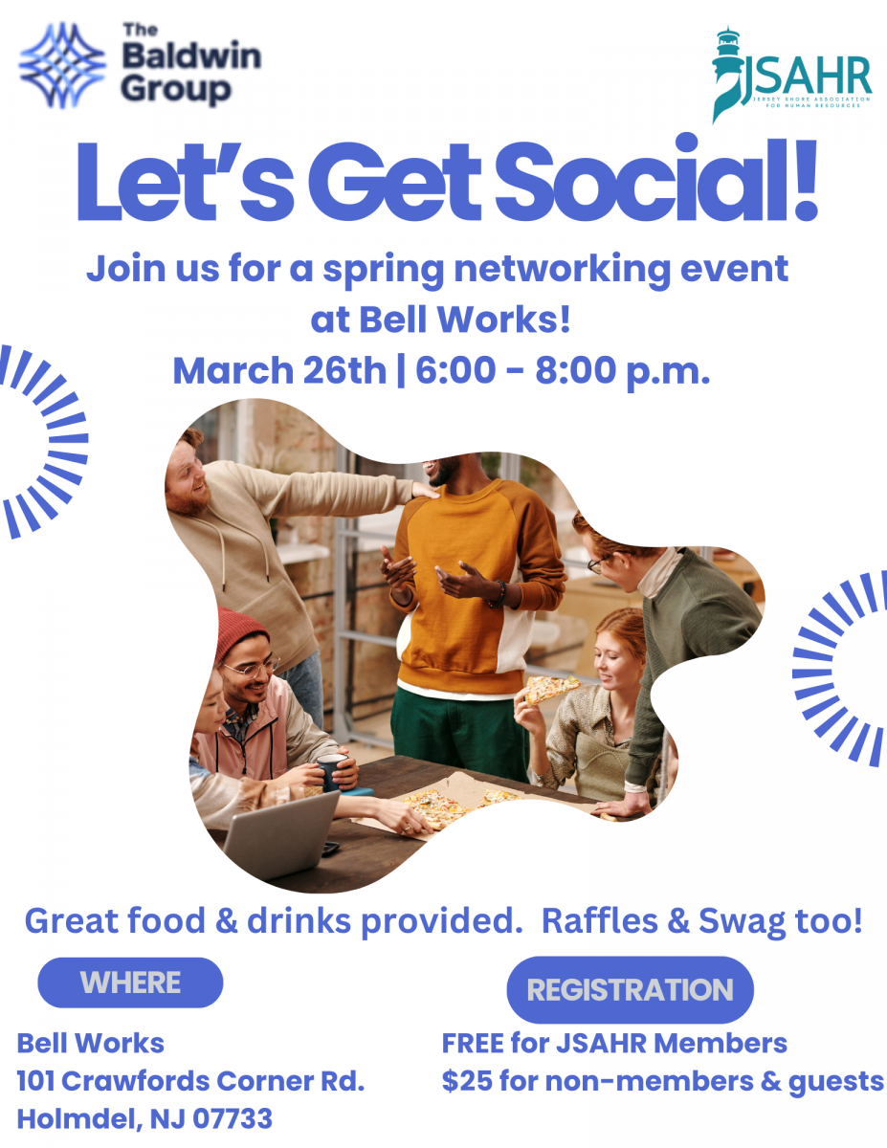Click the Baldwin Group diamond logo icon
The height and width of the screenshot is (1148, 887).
click(x=62, y=65)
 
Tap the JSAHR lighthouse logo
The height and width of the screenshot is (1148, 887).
click(x=791, y=75)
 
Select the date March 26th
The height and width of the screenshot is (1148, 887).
click(x=279, y=370)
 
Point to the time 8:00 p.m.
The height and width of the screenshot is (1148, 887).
click(x=622, y=371)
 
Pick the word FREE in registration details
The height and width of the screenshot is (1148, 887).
click(x=473, y=1044)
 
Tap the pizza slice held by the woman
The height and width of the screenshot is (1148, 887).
click(x=550, y=688)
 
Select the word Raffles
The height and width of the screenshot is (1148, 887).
click(x=600, y=921)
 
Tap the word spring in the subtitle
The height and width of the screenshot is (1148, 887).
click(x=383, y=271)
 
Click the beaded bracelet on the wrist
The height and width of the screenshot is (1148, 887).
click(x=498, y=594)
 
